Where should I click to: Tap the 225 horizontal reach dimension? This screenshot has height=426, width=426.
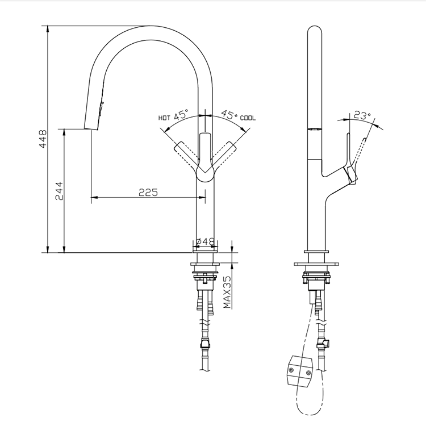point(148,192)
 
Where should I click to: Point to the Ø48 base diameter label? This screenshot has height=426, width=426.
point(205,241)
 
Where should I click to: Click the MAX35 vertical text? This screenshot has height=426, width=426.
point(227,292)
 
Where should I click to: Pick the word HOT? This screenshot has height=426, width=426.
point(165,118)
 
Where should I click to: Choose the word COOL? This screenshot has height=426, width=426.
point(248,118)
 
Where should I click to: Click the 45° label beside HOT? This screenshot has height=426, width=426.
point(181,115)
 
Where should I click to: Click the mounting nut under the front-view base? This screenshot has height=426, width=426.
point(205,277)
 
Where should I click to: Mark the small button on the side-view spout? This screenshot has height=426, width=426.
point(311,130)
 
